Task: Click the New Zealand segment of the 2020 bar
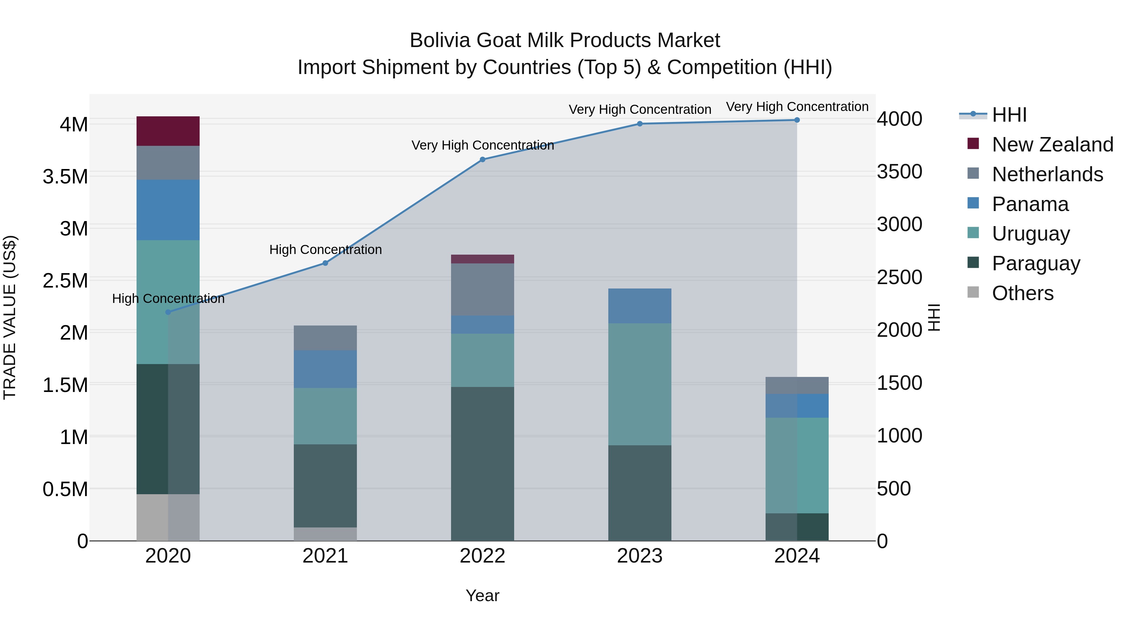[x=168, y=131]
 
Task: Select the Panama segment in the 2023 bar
[x=640, y=306]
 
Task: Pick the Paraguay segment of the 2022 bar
[x=482, y=464]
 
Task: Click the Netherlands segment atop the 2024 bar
[x=797, y=385]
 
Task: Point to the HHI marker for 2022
[x=482, y=160]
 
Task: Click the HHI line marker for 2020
[x=168, y=312]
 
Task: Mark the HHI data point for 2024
[x=797, y=120]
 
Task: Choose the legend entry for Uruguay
[x=1030, y=234]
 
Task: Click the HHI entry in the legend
[x=1009, y=115]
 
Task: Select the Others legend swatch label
[x=1022, y=293]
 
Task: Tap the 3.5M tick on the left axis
[x=65, y=177]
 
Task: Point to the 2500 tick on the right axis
[x=899, y=278]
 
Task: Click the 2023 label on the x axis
[x=640, y=556]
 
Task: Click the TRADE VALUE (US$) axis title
[x=10, y=317]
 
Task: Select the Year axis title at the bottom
[x=482, y=595]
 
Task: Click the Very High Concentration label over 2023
[x=640, y=109]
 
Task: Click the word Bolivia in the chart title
[x=440, y=40]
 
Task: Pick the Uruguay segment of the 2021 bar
[x=325, y=416]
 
